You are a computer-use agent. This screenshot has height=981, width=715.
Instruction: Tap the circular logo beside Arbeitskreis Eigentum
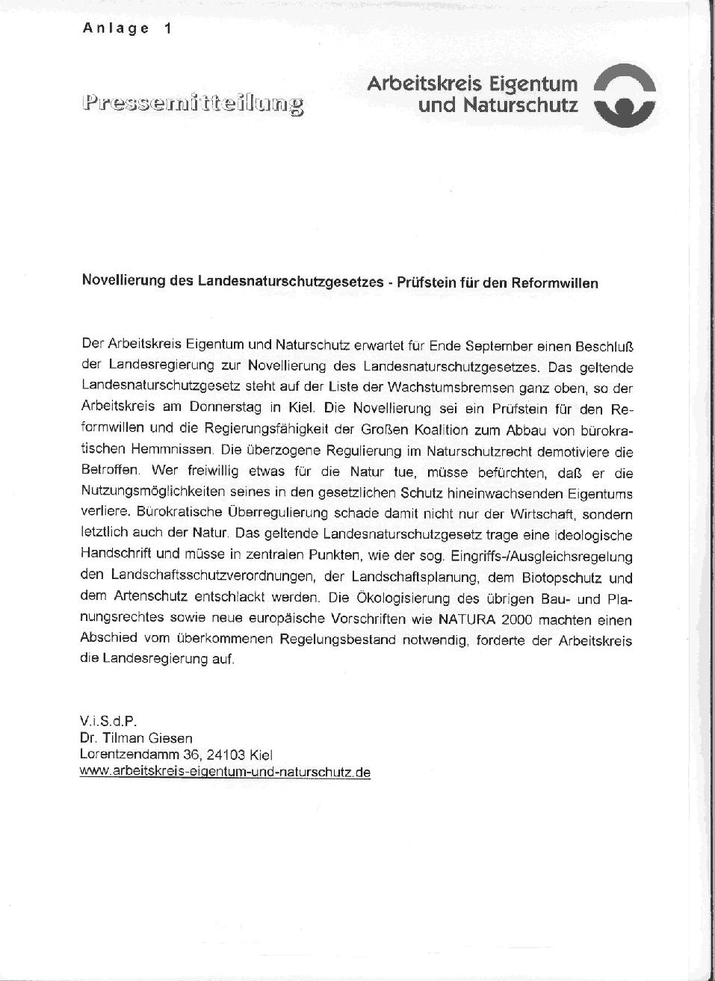pos(625,94)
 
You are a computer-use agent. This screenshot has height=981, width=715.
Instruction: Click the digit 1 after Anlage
pos(167,28)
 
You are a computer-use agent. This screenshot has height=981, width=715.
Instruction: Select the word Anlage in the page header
pos(116,28)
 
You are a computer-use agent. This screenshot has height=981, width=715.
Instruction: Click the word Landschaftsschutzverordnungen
pos(200,578)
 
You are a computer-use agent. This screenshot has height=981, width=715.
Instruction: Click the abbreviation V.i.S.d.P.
pos(108,722)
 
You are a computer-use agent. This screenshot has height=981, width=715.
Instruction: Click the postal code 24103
pos(225,755)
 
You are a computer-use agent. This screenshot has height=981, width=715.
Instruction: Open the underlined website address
pos(225,773)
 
